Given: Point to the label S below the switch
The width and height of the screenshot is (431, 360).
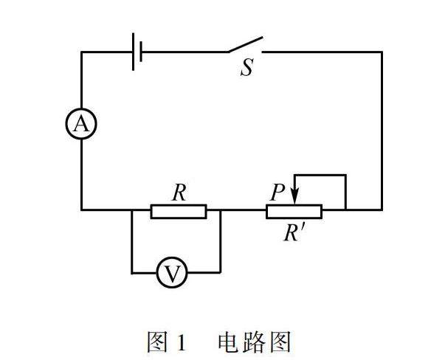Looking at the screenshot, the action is tap(246, 67).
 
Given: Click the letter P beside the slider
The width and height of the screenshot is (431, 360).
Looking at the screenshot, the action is tap(277, 192).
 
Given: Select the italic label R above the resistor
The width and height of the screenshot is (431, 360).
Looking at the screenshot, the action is tap(179, 193).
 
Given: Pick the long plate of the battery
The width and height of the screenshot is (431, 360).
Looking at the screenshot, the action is tap(134, 52).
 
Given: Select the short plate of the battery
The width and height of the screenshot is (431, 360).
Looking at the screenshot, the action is tap(141, 52).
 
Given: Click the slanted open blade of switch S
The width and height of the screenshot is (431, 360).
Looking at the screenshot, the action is tap(246, 44).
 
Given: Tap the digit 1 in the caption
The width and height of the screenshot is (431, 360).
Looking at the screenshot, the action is tap(182, 342).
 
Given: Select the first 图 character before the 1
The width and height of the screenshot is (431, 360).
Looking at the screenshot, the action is tap(157, 342).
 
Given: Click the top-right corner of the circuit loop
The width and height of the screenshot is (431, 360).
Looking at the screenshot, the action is tap(382, 52).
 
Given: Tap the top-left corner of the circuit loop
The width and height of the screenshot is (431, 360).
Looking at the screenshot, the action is tap(81, 52).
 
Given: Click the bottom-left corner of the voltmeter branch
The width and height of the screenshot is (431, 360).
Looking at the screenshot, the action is tap(132, 273).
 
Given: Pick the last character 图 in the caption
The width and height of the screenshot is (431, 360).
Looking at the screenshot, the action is tap(280, 342).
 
